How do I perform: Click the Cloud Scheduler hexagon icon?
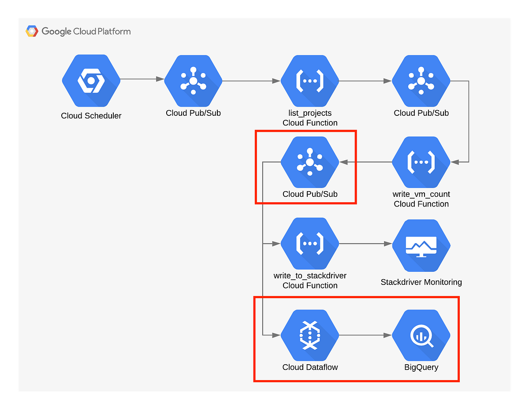91,81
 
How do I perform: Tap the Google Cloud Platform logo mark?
32,31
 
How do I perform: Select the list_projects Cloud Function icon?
310,81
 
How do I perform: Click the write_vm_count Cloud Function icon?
421,162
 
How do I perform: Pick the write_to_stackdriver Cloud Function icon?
310,244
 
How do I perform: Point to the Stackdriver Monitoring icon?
421,244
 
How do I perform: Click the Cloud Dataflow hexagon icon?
310,335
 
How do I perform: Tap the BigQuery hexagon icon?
421,335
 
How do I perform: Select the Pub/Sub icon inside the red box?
310,162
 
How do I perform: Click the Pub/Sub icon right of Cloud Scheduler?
193,81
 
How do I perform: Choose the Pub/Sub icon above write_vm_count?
421,81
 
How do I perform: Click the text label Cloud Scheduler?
91,116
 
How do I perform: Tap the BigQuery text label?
421,367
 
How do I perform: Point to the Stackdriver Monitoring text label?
421,282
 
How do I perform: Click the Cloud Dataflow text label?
310,367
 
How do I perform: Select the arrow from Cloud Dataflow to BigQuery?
365,335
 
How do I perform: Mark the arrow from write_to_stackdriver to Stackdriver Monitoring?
365,244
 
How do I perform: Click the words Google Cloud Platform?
86,31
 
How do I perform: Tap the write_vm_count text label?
421,194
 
